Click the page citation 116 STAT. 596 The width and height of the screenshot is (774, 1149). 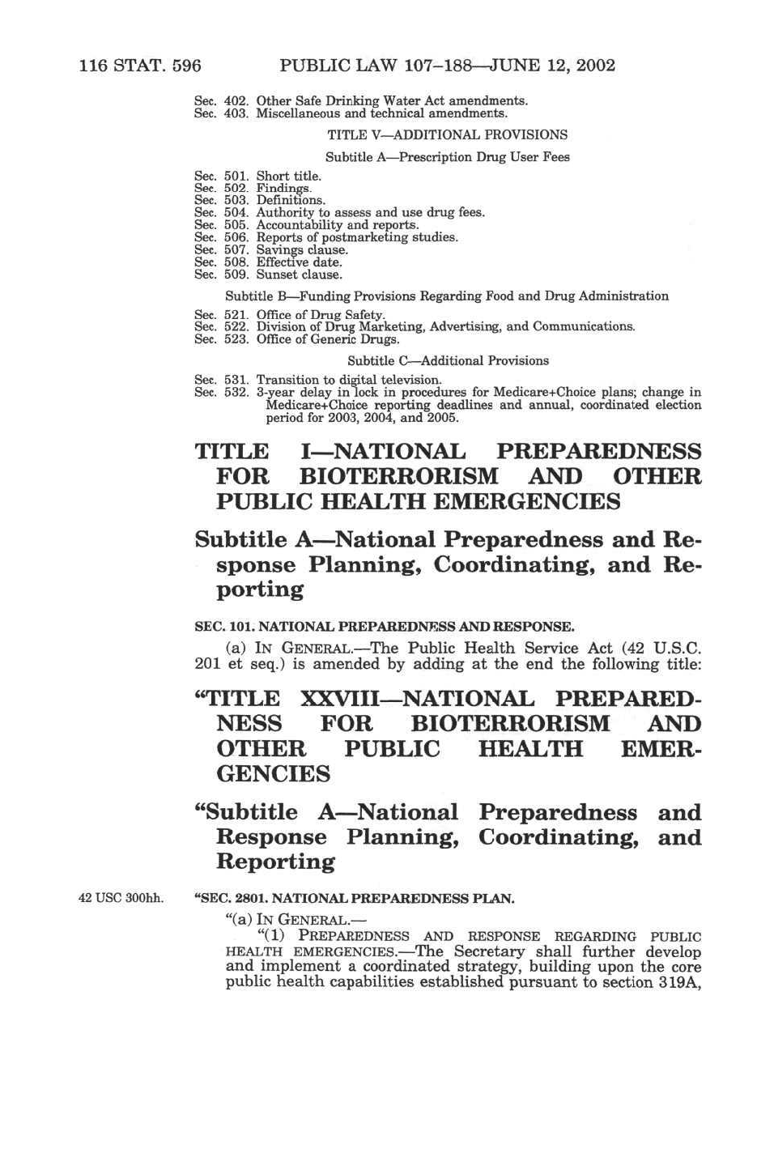(140, 66)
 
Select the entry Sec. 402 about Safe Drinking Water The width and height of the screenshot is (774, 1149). (360, 101)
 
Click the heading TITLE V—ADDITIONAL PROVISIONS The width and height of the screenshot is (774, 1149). (447, 135)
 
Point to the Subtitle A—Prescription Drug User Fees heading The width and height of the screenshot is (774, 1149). (447, 157)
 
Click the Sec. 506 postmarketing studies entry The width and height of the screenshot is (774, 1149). (325, 237)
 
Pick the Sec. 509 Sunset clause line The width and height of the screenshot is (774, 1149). (268, 274)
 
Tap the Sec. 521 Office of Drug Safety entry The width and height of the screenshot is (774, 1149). (289, 314)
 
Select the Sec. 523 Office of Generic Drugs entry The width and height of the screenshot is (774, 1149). (296, 339)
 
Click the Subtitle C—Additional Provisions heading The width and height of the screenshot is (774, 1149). (448, 361)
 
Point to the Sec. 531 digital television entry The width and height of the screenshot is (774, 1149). (317, 380)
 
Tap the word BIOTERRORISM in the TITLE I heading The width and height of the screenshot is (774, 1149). (398, 477)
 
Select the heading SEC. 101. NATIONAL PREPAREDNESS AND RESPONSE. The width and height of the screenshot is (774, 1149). (384, 627)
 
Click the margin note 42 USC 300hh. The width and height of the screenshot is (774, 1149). (121, 898)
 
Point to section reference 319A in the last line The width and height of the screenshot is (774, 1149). (678, 983)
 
